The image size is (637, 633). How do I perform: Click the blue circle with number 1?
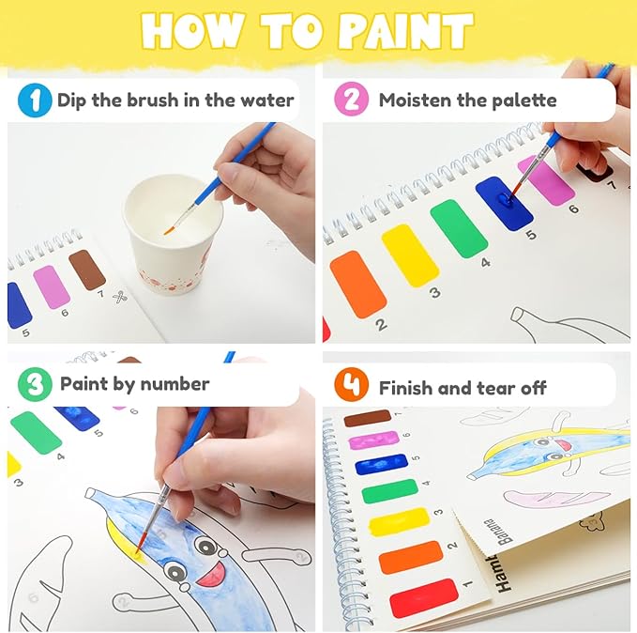point(34,100)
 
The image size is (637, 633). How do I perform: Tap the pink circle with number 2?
point(352,100)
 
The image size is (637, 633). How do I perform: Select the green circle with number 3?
point(34,383)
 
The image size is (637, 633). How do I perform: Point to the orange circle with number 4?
point(352,386)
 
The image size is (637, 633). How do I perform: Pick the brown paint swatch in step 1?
point(87,270)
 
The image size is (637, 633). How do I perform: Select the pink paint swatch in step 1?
point(52,287)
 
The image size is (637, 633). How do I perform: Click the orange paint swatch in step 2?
point(357,284)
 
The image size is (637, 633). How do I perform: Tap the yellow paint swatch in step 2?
point(410,255)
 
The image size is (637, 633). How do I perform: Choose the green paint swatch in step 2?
point(458,228)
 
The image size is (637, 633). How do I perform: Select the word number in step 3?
point(174,383)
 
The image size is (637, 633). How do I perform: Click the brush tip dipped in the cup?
point(168,229)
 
